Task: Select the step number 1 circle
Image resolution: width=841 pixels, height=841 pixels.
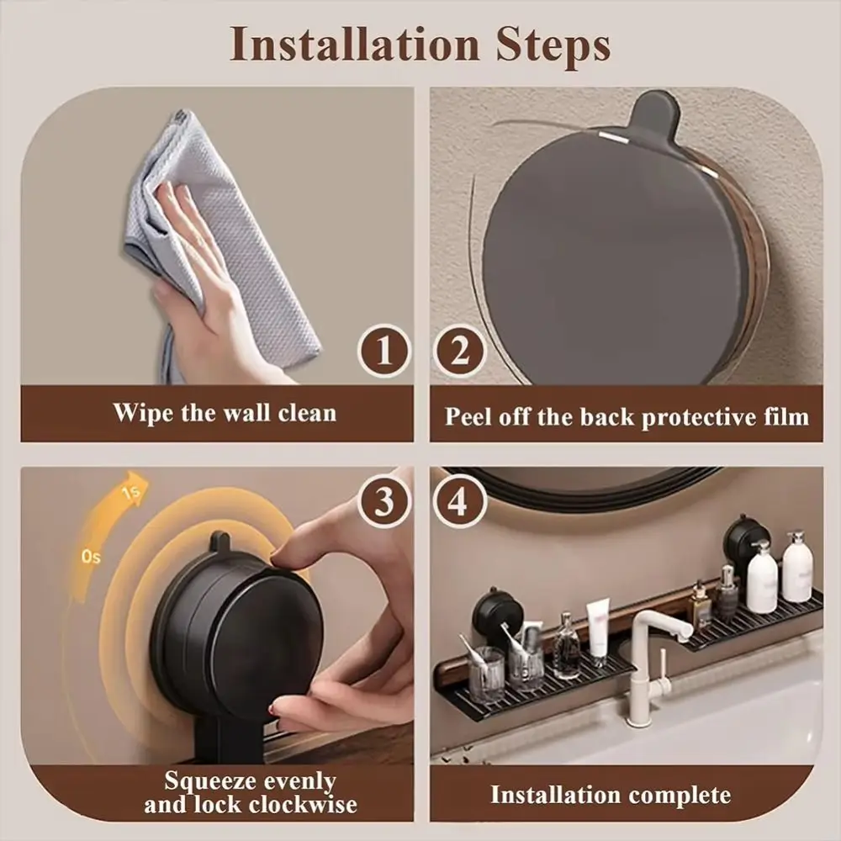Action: click(x=384, y=352)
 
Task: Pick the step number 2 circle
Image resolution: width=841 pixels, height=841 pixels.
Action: click(x=459, y=352)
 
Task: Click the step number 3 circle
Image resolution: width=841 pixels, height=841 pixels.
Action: click(x=384, y=502)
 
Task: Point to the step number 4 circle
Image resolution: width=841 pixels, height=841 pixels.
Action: click(x=459, y=502)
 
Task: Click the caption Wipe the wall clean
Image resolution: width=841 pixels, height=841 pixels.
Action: click(x=225, y=413)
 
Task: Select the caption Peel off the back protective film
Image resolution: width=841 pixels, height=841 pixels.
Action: click(x=627, y=416)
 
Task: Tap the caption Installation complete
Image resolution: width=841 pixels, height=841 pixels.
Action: click(x=611, y=795)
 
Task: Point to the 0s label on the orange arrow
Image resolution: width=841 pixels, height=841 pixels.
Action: click(x=90, y=558)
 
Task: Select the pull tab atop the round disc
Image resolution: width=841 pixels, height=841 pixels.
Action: click(x=653, y=118)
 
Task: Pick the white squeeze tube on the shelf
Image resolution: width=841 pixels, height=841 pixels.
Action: click(x=598, y=627)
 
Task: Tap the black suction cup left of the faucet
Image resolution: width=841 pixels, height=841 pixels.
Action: click(x=498, y=612)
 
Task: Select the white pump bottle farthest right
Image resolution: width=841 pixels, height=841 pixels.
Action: click(x=796, y=568)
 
